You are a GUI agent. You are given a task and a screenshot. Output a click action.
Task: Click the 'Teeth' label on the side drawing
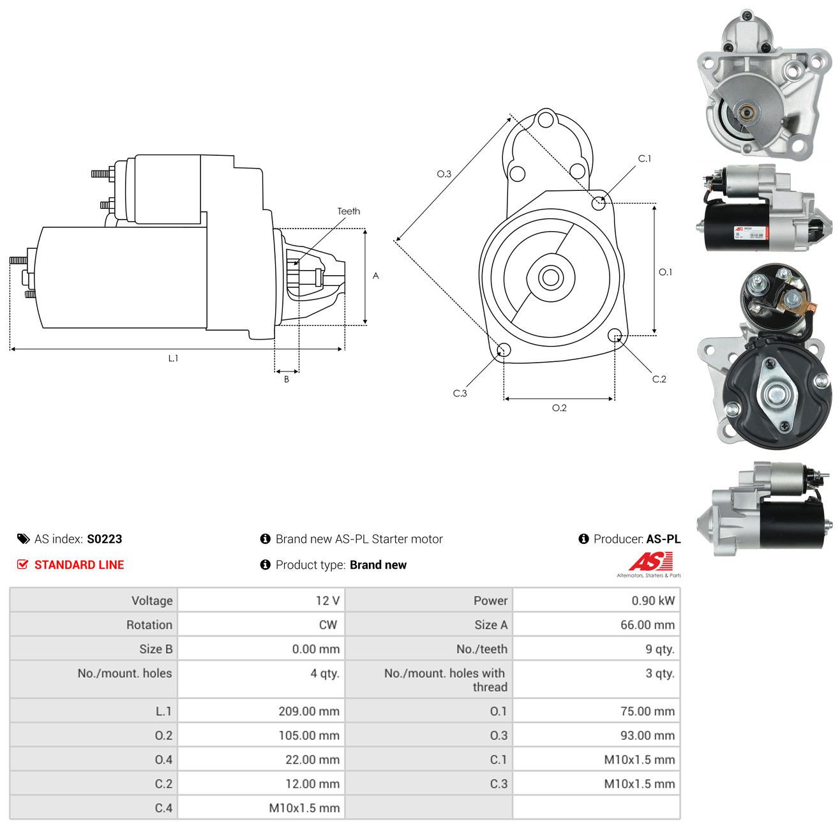349,211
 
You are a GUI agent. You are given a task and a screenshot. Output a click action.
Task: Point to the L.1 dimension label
173,358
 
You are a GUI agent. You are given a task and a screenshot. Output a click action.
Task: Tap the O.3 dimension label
444,174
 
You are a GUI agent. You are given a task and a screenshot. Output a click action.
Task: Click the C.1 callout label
644,159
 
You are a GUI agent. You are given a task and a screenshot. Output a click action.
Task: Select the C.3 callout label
460,393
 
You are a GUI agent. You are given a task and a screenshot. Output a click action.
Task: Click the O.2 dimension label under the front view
559,408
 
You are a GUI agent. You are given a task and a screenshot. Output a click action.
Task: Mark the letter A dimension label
375,276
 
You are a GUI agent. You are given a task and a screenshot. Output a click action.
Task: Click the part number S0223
104,539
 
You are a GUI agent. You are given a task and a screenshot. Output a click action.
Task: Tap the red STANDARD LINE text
79,564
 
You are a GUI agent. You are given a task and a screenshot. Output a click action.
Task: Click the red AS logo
650,561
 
